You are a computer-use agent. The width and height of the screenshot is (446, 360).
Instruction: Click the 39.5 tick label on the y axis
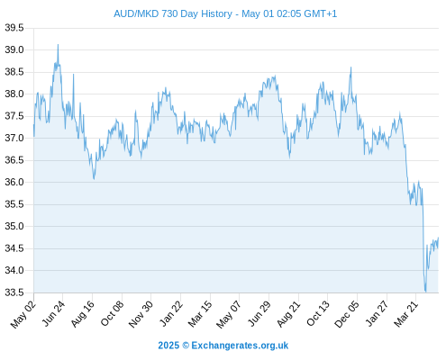[14, 28]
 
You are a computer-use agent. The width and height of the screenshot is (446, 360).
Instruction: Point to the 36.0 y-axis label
[14, 182]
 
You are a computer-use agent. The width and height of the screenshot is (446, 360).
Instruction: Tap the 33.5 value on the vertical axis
[14, 292]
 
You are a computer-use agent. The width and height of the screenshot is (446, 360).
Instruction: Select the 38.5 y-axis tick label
[14, 72]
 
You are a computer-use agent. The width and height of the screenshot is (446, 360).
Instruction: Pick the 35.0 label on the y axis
[14, 226]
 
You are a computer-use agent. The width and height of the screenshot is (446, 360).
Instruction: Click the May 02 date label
[23, 315]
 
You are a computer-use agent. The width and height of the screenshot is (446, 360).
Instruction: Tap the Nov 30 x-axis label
[141, 314]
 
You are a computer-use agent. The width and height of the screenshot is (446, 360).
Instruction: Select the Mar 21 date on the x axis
[405, 314]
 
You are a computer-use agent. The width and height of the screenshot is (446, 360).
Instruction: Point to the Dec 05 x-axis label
[347, 314]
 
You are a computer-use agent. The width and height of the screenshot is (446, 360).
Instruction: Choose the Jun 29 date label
[259, 313]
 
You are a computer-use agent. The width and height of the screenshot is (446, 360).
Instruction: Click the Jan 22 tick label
[170, 313]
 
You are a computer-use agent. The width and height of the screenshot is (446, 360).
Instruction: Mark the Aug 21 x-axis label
[288, 314]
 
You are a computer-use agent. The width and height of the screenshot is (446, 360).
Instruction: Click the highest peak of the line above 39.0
[58, 44]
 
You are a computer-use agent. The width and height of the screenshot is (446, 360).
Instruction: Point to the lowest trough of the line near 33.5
[425, 292]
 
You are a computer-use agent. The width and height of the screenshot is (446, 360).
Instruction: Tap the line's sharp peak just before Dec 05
[350, 67]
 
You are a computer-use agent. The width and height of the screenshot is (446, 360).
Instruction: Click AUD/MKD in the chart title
[136, 13]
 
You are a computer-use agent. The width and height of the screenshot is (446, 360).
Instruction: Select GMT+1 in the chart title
[321, 13]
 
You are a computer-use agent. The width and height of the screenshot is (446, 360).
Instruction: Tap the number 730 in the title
[170, 13]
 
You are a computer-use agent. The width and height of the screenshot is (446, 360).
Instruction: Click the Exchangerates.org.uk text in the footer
[240, 346]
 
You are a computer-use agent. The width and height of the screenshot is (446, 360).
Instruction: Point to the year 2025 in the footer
[168, 346]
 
